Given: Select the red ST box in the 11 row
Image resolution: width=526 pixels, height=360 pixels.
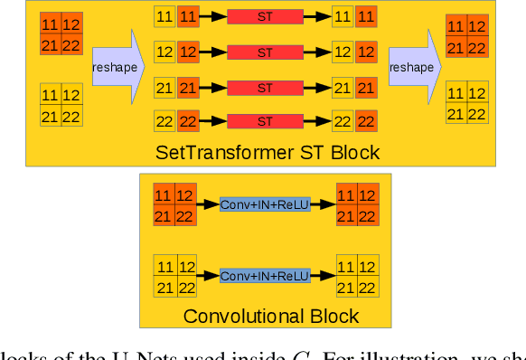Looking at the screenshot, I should [x=264, y=17].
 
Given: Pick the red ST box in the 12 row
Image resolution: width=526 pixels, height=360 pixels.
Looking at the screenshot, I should [x=264, y=53].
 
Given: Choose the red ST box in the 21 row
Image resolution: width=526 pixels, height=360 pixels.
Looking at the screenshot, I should [x=264, y=88].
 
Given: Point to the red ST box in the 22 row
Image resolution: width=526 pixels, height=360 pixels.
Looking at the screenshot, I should [x=264, y=122].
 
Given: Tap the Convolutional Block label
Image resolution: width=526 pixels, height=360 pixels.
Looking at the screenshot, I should [x=271, y=317].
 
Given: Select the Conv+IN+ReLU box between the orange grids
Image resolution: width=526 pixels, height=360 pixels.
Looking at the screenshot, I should [x=265, y=205].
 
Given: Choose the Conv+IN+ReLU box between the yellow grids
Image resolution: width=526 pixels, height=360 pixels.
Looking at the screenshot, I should [x=265, y=275].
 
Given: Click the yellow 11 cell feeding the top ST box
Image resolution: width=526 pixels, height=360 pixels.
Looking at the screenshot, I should [x=165, y=17].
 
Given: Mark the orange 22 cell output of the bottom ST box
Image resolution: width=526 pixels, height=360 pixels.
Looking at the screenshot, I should [x=366, y=122].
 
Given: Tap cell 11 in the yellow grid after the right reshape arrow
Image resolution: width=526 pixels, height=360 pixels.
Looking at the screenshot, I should [x=456, y=93].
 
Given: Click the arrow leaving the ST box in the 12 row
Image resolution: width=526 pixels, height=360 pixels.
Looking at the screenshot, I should [x=316, y=53].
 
